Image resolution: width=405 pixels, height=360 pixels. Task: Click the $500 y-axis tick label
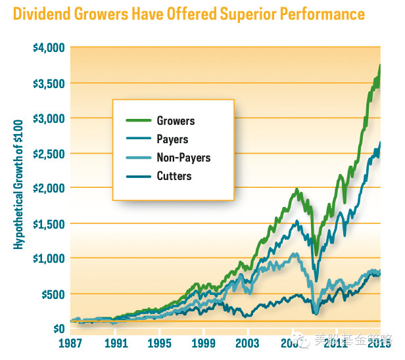[50, 293]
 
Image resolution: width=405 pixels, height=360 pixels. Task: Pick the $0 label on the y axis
[57, 328]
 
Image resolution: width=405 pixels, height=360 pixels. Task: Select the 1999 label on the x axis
[204, 342]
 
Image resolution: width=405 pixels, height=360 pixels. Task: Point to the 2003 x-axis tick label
[248, 342]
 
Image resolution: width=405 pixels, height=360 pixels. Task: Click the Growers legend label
[176, 121]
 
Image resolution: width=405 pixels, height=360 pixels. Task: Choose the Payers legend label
[172, 139]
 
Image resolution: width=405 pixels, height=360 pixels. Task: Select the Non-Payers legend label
[183, 158]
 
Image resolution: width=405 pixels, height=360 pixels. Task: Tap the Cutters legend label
[174, 175]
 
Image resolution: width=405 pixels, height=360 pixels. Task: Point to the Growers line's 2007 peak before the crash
[297, 190]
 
